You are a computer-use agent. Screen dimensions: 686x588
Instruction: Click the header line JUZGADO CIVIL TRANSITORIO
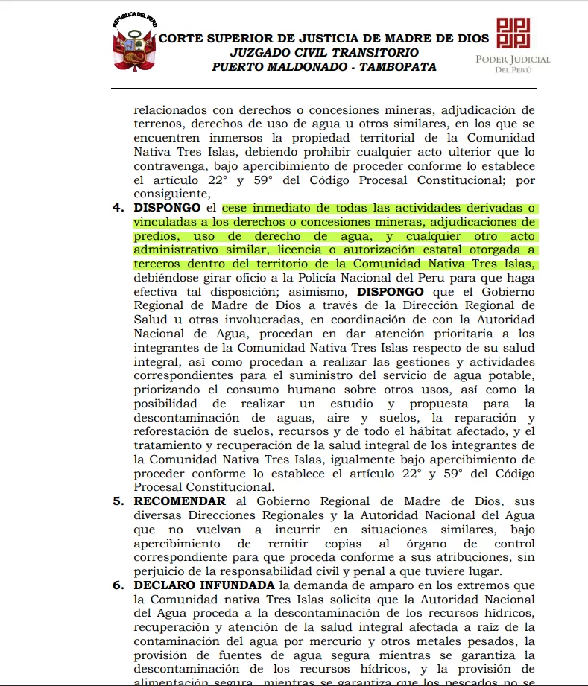(x=324, y=53)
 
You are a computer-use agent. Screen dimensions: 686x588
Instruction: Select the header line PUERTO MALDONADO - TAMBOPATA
(x=324, y=67)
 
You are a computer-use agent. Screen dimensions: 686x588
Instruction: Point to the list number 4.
(x=118, y=208)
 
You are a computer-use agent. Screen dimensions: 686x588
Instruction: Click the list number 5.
(x=118, y=501)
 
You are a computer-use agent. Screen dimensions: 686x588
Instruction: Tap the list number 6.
(x=118, y=585)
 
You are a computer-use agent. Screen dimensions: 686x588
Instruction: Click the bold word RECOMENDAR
(x=180, y=501)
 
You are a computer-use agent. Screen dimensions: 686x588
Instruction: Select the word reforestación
(x=174, y=431)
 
